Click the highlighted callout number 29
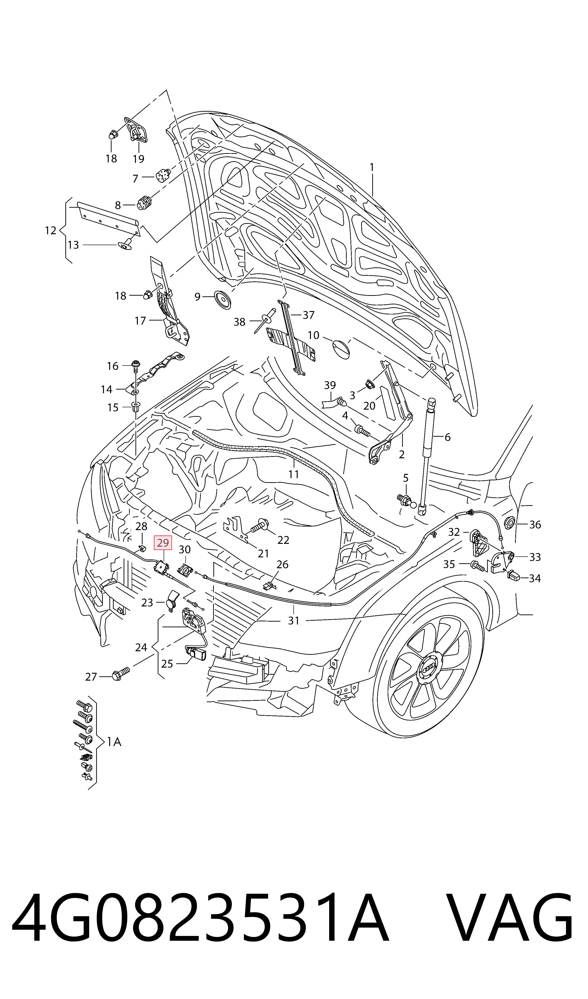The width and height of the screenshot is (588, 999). tap(163, 543)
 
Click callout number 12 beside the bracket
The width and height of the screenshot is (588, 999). tap(51, 230)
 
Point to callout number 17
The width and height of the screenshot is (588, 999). tap(140, 321)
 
